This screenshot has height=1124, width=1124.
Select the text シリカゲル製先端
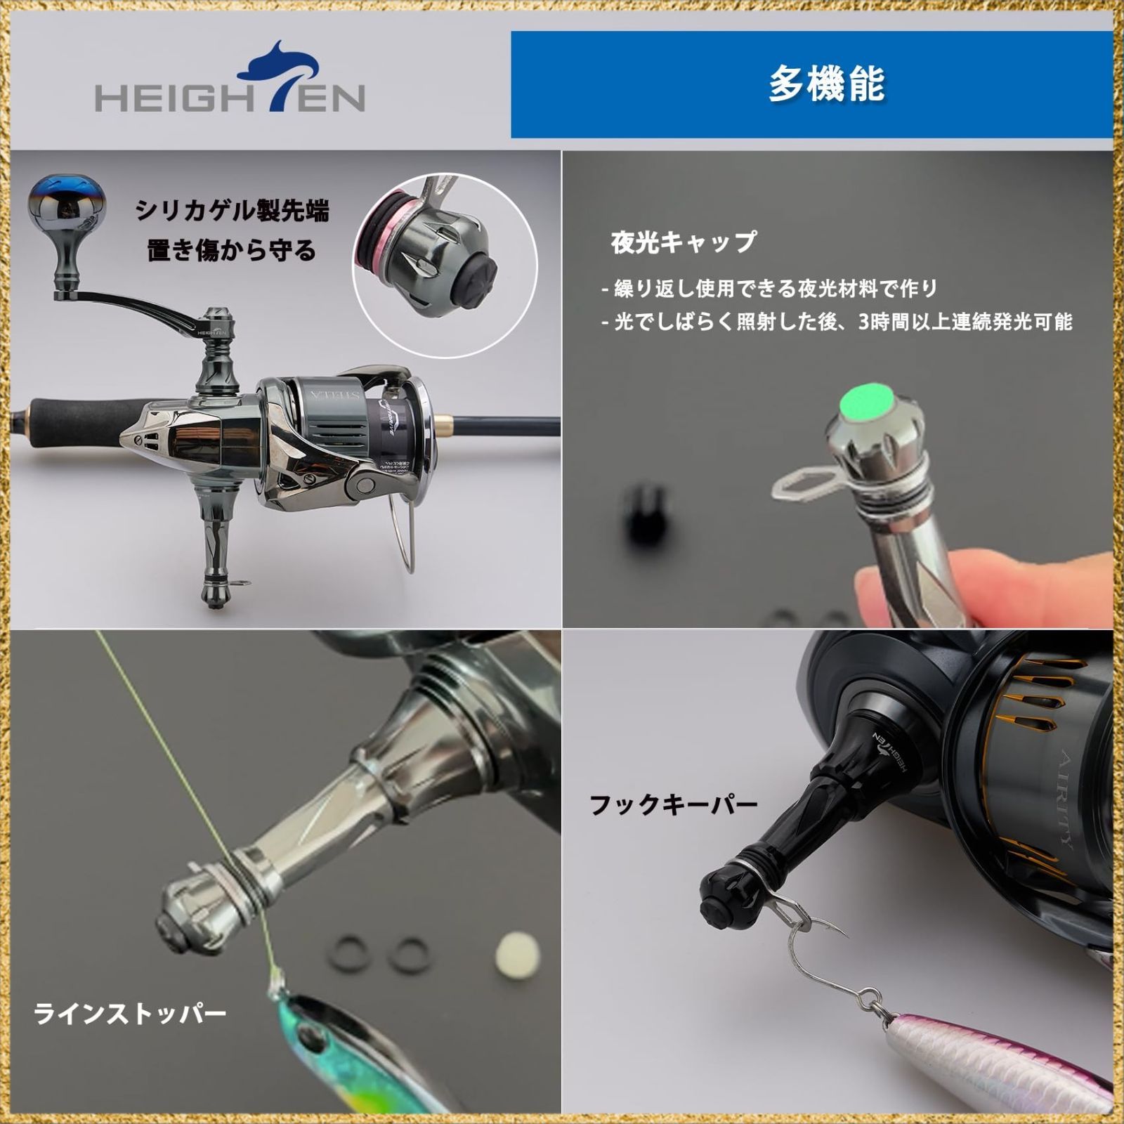point(232,211)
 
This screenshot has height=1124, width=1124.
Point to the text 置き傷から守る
point(232,251)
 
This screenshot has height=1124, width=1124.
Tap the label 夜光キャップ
point(684,242)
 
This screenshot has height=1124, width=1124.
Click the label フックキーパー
point(673,804)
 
